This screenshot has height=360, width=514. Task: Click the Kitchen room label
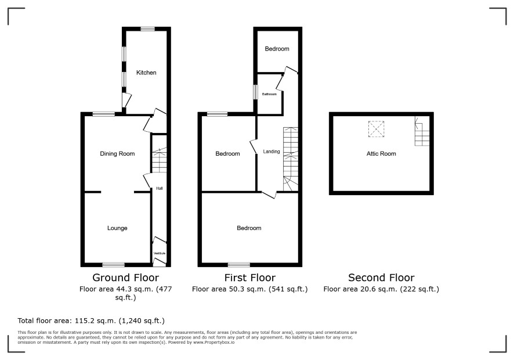146,73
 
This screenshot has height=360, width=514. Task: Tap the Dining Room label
117,154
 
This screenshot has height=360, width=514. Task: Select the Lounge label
117,228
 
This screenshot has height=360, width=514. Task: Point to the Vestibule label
160,253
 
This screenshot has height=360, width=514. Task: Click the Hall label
160,188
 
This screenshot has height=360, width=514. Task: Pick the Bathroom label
269,94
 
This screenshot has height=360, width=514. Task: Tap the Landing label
272,152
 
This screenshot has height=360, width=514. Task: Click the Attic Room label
381,154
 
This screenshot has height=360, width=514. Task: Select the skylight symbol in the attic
377,129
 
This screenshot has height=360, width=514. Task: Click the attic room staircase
422,131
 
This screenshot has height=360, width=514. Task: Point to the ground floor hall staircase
160,160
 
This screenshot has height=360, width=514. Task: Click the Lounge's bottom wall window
114,265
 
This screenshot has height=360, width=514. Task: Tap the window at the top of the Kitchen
148,29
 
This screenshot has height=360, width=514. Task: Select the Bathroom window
255,92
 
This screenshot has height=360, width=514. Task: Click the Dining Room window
104,114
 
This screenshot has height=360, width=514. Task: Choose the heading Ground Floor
125,278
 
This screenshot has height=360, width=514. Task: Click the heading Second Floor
381,278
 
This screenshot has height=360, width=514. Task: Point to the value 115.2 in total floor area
84,321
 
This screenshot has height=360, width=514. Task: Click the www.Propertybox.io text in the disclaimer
213,342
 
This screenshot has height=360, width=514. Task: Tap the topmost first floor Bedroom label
277,49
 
